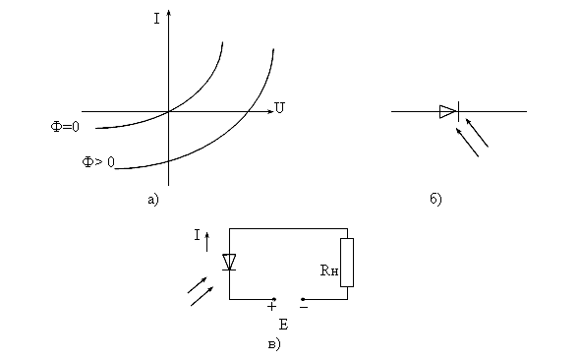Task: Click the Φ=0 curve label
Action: (65, 127)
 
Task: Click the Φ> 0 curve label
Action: (98, 162)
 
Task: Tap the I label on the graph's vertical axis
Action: (157, 19)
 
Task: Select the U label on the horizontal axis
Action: (280, 107)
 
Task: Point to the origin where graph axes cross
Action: (169, 111)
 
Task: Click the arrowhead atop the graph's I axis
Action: (169, 13)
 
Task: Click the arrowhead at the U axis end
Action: (270, 111)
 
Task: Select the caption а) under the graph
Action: (153, 200)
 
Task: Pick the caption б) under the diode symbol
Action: (435, 199)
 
